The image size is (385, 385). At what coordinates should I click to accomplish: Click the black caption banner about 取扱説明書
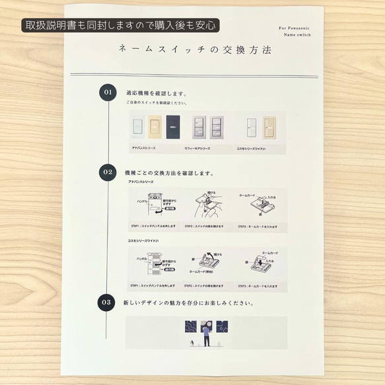click(x=120, y=26)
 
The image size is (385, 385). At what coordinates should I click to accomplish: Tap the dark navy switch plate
click(x=174, y=125)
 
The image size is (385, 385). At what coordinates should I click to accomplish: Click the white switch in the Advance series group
click(x=137, y=125)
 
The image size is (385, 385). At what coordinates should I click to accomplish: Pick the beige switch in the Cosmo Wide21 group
click(x=269, y=125)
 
